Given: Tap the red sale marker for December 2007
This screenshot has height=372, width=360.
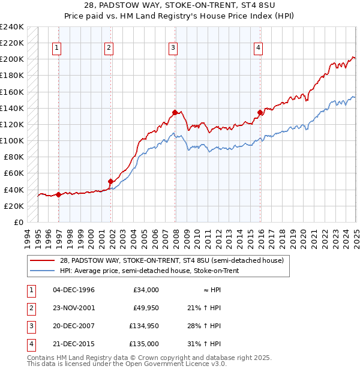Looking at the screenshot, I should (x=175, y=112).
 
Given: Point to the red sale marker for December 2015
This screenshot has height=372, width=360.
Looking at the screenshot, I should (x=260, y=112).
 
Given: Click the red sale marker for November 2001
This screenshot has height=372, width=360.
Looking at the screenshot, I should (x=111, y=181).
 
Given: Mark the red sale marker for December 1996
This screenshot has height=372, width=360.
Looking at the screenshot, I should (x=58, y=194).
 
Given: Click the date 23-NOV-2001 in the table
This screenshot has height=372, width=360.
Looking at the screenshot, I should (x=74, y=308).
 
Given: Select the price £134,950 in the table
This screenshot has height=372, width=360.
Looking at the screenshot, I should (x=144, y=326).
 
